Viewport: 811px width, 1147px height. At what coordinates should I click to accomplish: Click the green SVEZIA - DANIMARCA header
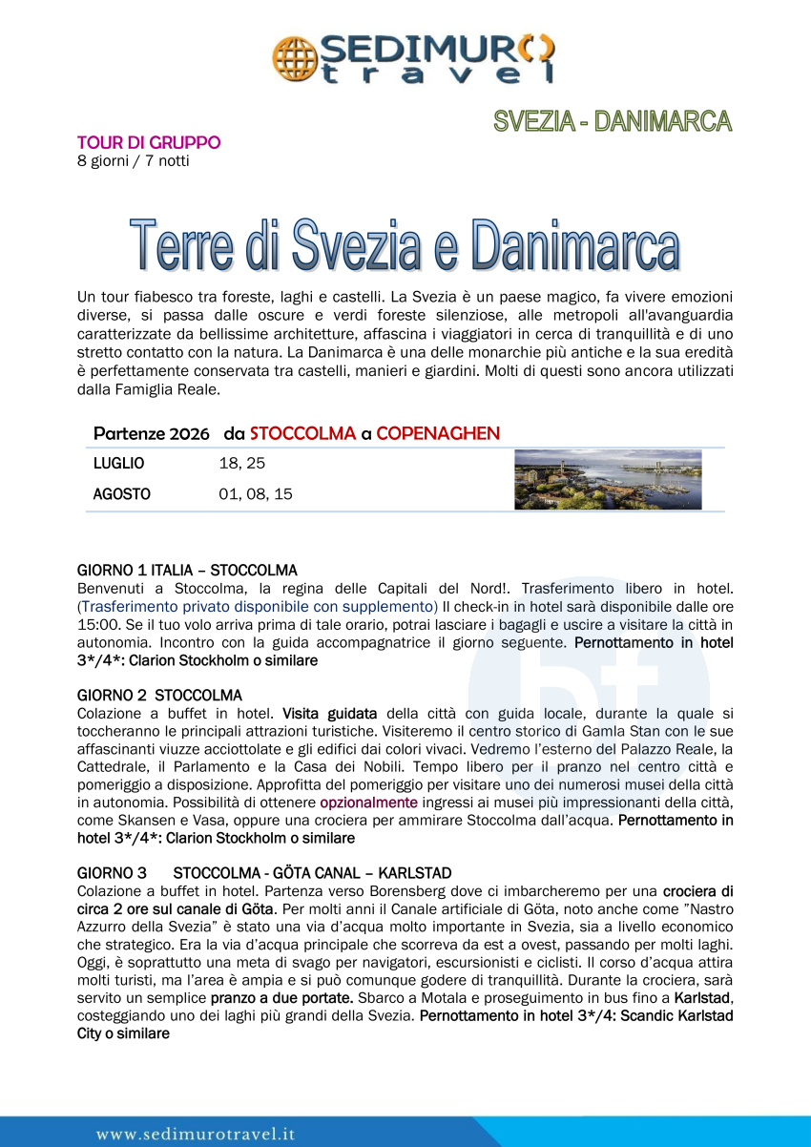pos(613,121)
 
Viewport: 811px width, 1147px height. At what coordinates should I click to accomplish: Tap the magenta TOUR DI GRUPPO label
pos(149,142)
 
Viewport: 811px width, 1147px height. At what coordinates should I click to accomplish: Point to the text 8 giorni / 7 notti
pos(133,160)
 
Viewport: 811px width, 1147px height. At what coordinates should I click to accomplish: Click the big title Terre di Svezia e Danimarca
pos(405,245)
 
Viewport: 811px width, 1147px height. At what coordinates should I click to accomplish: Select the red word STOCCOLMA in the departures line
pos(302,433)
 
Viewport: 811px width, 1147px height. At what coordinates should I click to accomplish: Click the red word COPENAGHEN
pos(438,433)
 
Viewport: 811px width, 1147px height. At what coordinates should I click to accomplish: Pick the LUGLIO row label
pos(118,464)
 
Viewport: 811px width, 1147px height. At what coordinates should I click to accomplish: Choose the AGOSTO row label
pos(121,494)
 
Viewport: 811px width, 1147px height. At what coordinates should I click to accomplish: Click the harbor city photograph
pos(608,480)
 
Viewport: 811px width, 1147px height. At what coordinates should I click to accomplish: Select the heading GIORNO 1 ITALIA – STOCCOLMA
pos(187,570)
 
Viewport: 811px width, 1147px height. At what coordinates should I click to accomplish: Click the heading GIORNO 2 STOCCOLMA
pos(159,695)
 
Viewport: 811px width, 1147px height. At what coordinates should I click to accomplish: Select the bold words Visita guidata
pos(329,713)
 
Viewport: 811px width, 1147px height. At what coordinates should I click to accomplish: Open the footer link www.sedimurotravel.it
pos(195,1134)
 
